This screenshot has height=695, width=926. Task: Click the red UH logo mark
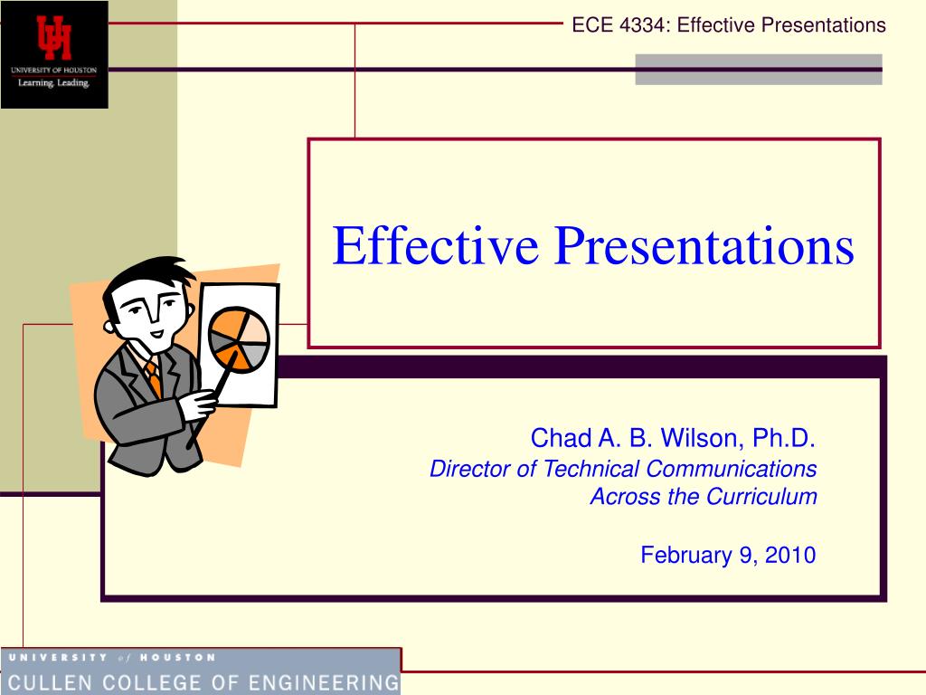[53, 37]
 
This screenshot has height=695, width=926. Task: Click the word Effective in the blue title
[435, 245]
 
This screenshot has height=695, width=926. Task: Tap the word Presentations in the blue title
[704, 245]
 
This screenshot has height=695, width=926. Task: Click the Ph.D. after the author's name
[784, 438]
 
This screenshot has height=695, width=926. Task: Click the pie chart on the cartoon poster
[239, 339]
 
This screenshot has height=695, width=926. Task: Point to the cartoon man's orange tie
[154, 378]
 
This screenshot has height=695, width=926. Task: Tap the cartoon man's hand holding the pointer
[198, 405]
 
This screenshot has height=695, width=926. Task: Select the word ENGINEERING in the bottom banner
[324, 683]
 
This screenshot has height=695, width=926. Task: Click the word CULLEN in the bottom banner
[50, 683]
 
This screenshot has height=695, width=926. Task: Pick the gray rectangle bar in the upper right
[759, 70]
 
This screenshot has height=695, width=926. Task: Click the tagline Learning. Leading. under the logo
[53, 82]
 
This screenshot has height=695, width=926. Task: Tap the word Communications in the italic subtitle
[731, 469]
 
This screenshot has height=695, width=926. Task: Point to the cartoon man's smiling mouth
[157, 334]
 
